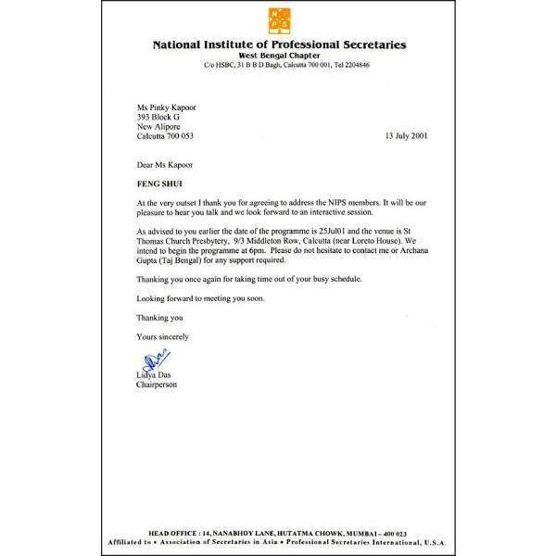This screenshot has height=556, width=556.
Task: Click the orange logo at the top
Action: (277, 21)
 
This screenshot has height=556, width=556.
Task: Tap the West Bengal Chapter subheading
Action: (278, 55)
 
